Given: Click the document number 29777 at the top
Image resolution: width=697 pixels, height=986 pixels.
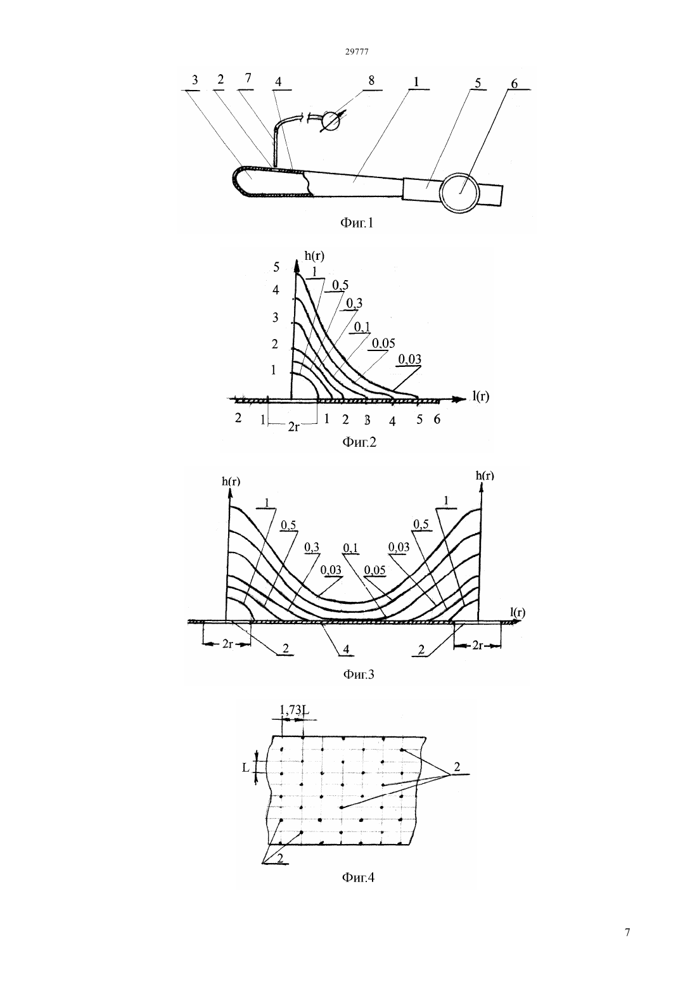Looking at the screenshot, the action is tap(356, 51).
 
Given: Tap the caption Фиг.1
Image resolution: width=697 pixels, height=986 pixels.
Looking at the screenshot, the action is tap(356, 223).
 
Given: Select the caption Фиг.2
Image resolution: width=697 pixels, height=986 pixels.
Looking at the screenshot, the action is tap(359, 442).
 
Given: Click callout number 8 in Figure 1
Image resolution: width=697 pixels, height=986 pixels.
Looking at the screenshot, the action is tap(371, 80).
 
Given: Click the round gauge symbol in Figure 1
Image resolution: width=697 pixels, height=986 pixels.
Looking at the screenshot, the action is tap(329, 120).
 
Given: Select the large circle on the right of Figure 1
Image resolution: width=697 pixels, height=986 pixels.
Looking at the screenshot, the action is tap(460, 193).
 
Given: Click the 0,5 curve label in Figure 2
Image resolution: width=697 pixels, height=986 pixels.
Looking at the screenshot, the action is tap(340, 285).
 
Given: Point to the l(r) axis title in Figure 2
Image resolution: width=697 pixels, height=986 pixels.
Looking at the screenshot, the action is tap(481, 397).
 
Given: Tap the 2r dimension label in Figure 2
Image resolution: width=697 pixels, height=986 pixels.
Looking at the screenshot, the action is tap(293, 426).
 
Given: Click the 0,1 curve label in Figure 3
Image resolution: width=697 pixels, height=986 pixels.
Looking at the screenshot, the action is tap(350, 547).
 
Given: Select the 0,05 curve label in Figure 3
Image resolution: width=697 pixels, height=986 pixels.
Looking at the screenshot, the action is tap(374, 570).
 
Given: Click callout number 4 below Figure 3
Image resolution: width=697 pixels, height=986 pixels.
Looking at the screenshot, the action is tap(346, 649).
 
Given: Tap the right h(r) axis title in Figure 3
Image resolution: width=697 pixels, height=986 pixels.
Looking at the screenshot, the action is tap(485, 475).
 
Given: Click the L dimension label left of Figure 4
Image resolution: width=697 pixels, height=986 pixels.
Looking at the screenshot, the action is tap(246, 767).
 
